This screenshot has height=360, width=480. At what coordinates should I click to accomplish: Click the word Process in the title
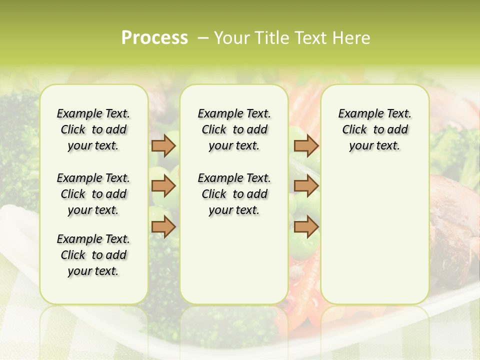point(154,38)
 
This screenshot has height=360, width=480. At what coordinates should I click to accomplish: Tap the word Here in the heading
point(352,38)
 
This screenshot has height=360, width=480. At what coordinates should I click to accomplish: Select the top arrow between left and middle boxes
point(163,146)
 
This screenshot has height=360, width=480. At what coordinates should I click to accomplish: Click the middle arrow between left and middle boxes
point(163,186)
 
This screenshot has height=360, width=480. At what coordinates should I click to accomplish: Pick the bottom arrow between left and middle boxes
point(163,227)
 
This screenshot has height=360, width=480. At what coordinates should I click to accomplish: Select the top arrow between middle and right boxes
point(306,146)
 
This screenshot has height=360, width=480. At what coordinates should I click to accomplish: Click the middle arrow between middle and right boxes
point(306,186)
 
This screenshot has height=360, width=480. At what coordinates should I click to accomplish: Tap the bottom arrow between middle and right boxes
point(306,227)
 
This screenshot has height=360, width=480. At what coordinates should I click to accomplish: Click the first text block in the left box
point(93,129)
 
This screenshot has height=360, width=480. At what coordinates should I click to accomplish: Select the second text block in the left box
point(93,194)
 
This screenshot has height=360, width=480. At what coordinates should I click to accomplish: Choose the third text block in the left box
point(93,255)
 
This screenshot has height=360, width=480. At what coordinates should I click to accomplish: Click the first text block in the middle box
point(234,129)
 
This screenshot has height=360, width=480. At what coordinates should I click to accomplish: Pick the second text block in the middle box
point(234,194)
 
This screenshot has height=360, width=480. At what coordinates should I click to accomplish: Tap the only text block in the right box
point(374,129)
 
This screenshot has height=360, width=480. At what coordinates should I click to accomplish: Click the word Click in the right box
point(354,130)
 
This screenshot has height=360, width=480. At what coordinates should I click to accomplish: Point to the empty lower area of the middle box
point(234,260)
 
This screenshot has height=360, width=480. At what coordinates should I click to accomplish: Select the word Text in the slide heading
point(309,38)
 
